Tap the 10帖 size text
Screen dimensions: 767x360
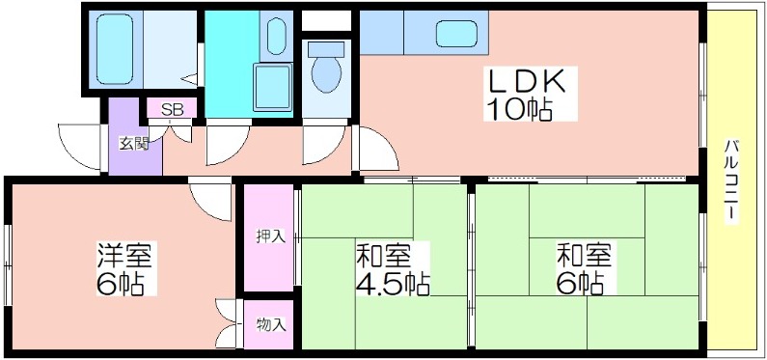tap(519, 109)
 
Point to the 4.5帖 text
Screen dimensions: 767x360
tap(393, 283)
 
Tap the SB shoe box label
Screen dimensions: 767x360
tap(172, 110)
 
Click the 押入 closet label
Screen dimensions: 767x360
tap(270, 236)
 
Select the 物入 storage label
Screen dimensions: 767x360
tap(270, 324)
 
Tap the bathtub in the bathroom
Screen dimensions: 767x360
tap(115, 49)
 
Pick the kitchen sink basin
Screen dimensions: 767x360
tap(456, 34)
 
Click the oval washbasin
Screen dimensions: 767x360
tap(276, 37)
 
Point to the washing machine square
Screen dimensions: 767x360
tap(272, 88)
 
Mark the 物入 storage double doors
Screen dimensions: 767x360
tap(228, 323)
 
